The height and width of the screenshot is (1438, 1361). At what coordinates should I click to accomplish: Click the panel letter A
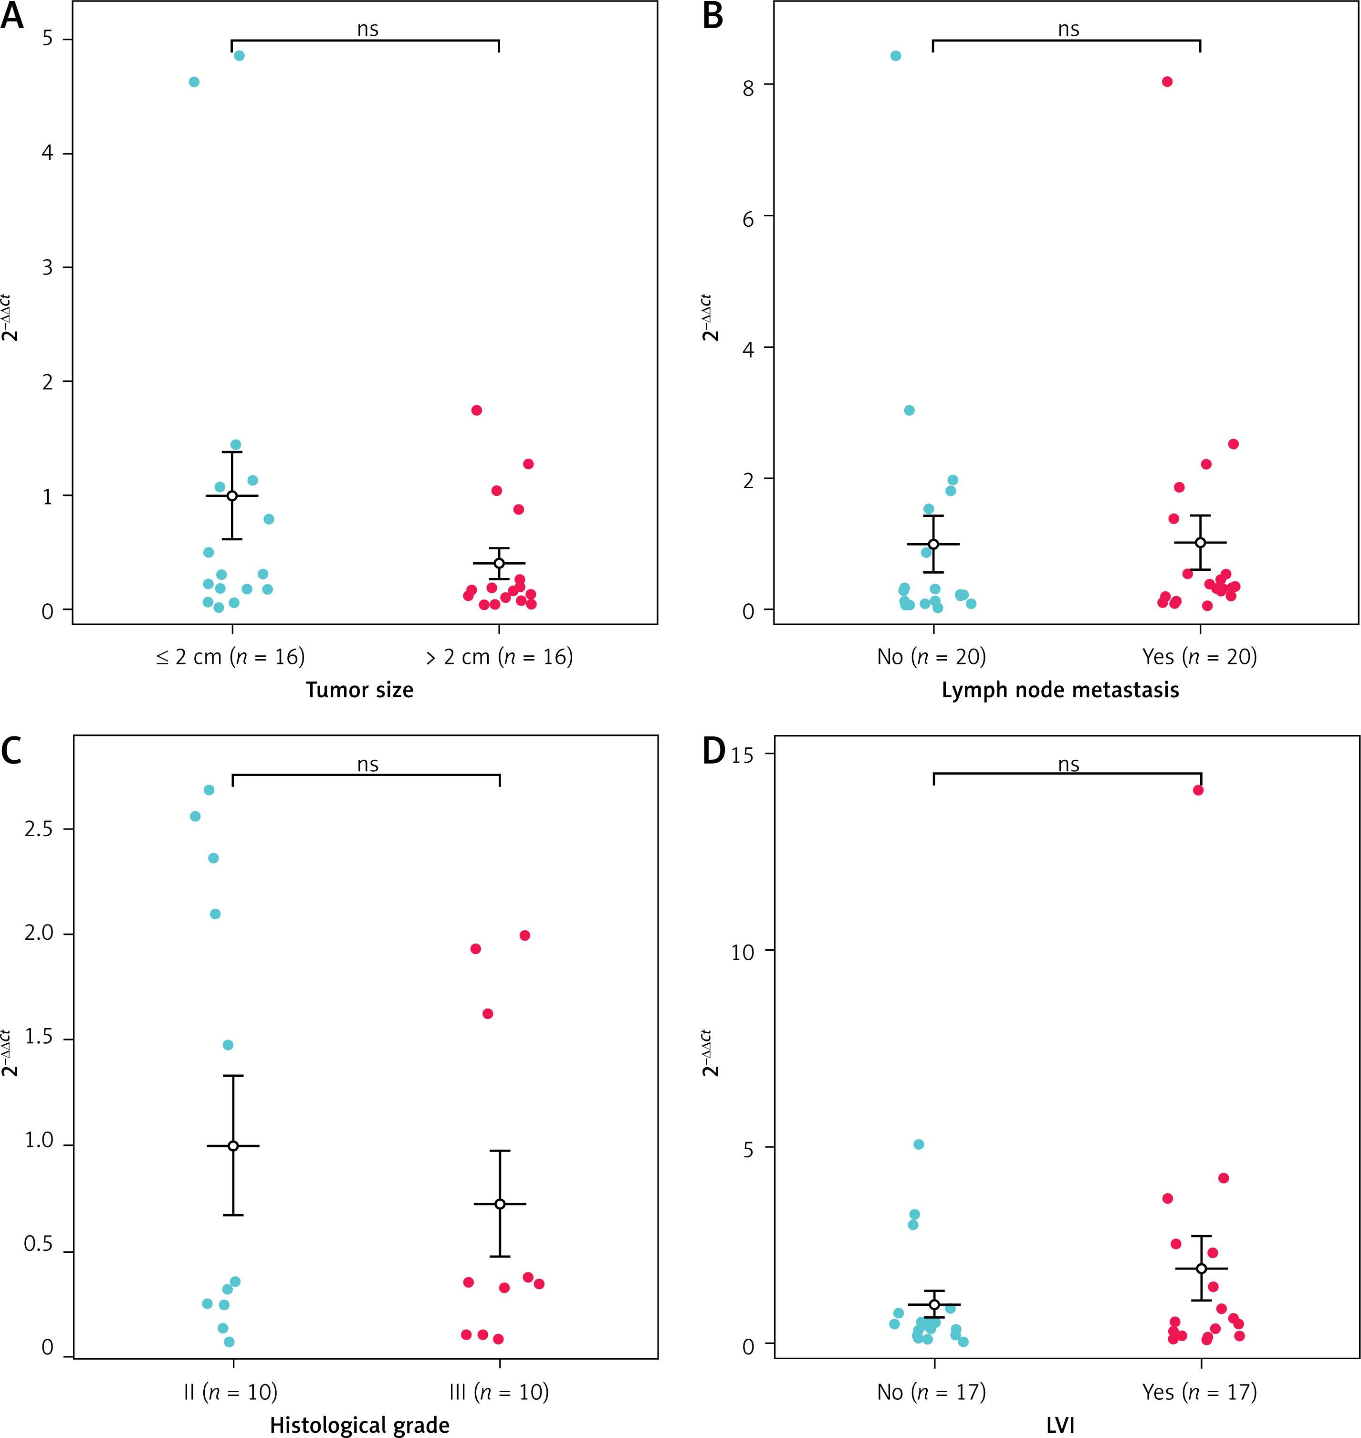coord(12,16)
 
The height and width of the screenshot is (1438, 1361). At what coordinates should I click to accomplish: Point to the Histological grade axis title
coord(359,1425)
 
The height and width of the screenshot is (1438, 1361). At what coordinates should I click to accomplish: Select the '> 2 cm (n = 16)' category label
coord(499,657)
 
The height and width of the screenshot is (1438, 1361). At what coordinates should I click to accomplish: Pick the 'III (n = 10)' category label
coord(499,1392)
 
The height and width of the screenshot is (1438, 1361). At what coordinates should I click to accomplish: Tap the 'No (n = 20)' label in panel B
coord(932,657)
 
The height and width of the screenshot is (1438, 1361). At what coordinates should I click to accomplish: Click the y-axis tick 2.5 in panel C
coord(39,829)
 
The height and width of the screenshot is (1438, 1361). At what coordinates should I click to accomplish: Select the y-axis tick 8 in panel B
coord(748,87)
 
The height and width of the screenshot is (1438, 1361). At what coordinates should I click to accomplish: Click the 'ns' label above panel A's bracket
coord(368,29)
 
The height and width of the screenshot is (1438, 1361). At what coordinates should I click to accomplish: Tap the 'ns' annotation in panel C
coord(368,764)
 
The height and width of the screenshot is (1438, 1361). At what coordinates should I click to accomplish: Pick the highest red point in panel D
coord(1198,790)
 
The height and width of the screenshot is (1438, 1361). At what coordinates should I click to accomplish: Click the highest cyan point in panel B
coord(896,56)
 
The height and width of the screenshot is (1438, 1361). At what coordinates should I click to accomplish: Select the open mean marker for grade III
coord(500,1205)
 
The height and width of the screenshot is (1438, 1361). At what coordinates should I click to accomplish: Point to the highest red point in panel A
coord(477,410)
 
